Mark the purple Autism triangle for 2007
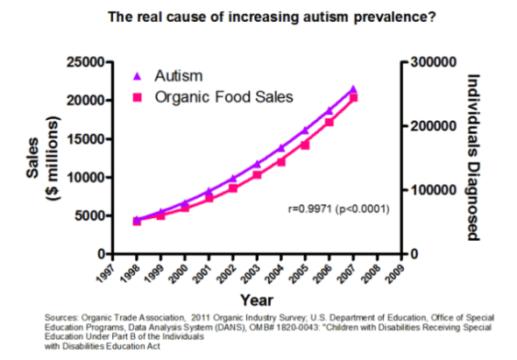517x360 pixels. point(353,89)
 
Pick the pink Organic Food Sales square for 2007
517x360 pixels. point(353,99)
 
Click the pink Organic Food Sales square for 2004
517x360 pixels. point(280,161)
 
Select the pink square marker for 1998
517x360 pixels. point(137,221)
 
